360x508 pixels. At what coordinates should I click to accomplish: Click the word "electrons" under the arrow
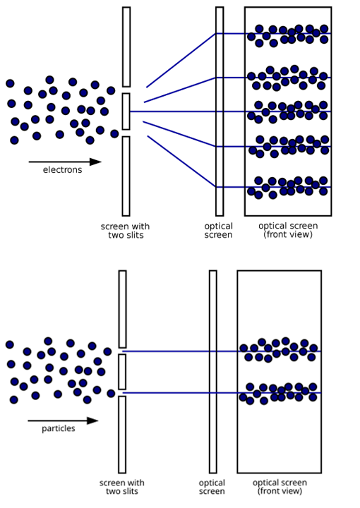pos(63,170)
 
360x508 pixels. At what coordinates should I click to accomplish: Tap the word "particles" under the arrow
pos(59,428)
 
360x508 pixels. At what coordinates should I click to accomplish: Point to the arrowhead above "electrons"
pos(95,162)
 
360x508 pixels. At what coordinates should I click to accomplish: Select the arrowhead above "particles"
pos(92,421)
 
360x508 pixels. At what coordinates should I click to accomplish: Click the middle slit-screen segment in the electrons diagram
pos(126,111)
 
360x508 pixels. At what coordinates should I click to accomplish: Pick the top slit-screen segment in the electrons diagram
pos(126,47)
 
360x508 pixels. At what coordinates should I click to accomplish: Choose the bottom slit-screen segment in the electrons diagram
pos(126,176)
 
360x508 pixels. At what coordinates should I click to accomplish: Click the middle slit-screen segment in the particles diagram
pos(122,372)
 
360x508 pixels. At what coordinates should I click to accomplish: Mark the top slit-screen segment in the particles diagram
pos(122,309)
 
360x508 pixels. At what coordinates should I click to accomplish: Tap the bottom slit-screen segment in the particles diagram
pos(122,435)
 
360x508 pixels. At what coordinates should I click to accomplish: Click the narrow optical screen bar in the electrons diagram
pos(220,111)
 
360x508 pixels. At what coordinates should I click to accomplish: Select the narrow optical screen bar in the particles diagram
pos(213,372)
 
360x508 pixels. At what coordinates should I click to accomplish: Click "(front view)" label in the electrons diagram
pos(288,234)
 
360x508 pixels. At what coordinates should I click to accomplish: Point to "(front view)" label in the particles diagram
pos(280,491)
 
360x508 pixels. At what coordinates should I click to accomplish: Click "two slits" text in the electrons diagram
pos(126,235)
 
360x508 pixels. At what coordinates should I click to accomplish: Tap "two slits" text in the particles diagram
pos(122,492)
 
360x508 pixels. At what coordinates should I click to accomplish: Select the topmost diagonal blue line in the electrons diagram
pos(181,60)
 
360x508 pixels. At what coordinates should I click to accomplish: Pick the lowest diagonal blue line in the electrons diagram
pos(182,162)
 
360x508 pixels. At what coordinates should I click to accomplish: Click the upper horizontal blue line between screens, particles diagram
pos(222,351)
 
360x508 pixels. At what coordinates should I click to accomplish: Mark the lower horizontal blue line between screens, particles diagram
pos(222,393)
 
